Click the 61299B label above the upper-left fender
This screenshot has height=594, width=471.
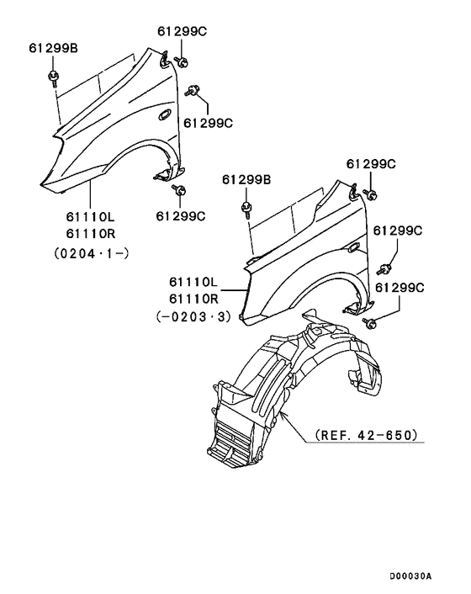53,48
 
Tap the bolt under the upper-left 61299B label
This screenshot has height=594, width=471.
53,77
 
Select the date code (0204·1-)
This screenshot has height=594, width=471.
92,253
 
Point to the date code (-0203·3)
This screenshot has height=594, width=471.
193,316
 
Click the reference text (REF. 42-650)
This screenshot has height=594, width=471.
366,434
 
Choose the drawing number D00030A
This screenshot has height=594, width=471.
410,576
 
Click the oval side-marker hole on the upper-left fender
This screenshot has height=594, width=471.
166,114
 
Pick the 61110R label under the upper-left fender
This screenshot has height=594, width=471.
91,234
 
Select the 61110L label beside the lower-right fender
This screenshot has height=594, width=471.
193,282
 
